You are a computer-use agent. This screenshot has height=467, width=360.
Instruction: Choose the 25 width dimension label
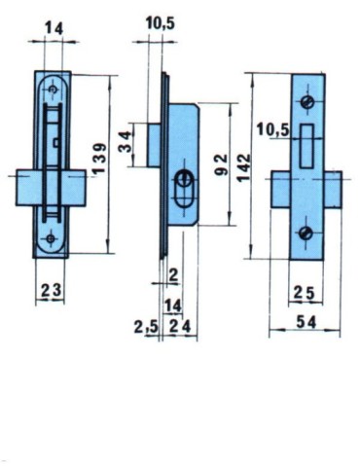pos(305,291)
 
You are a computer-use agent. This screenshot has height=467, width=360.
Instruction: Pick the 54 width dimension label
pos(306,320)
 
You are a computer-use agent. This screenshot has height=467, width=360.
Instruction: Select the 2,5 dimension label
pos(145,328)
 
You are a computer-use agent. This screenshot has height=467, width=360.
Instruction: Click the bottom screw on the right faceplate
pos(306,232)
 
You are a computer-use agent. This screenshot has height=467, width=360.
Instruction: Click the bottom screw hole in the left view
pos(51,236)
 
